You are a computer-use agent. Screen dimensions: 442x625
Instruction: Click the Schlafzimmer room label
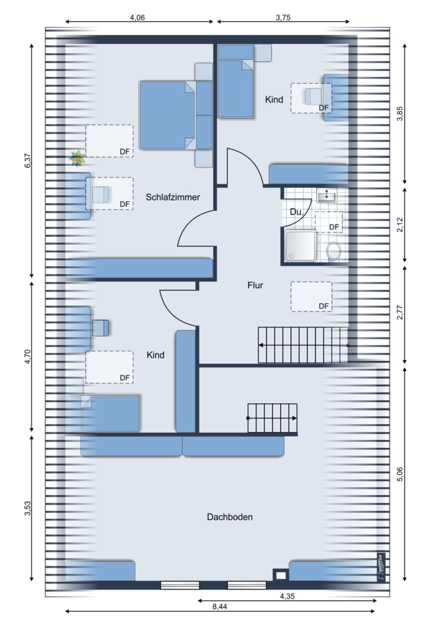[x=173, y=197]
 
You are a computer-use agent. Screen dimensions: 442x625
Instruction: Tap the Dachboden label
[x=230, y=517]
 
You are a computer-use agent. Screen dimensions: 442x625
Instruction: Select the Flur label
[x=255, y=285]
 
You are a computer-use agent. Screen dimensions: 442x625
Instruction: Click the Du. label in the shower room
[x=297, y=212]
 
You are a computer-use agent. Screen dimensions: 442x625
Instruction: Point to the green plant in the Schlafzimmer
[x=77, y=158]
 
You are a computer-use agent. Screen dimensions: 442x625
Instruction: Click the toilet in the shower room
[x=333, y=251]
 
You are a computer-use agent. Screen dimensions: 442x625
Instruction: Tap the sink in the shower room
[x=327, y=195]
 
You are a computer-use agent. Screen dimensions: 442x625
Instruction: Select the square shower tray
[x=300, y=246]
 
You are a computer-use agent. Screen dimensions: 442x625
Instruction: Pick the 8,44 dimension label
[x=220, y=607]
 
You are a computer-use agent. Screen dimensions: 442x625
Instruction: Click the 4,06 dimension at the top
[x=137, y=17]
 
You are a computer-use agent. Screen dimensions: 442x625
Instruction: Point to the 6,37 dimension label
[x=27, y=161]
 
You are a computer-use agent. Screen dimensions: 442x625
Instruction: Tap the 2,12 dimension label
[x=400, y=225]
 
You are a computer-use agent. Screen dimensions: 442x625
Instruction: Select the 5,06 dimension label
[x=400, y=474]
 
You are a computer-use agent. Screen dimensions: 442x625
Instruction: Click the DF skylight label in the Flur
[x=324, y=306]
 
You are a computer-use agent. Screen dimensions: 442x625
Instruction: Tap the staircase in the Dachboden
[x=273, y=418]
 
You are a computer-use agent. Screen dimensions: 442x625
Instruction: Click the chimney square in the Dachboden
[x=281, y=575]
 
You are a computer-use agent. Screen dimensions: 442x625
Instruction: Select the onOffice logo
[x=380, y=567]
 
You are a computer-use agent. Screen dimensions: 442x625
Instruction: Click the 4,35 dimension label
[x=288, y=596]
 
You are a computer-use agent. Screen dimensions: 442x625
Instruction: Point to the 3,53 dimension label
[x=27, y=508]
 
